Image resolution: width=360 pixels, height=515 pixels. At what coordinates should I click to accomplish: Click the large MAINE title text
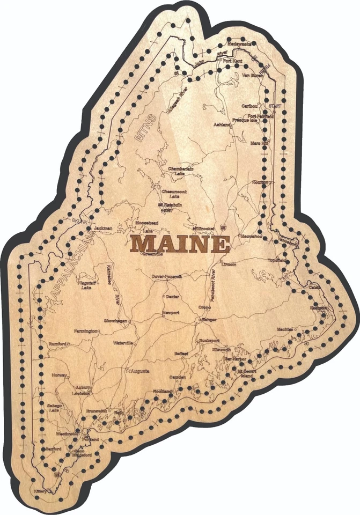point(180,244)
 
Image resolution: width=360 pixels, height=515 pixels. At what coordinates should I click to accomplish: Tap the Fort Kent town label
point(234,61)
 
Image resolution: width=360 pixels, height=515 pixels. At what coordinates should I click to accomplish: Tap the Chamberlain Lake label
point(180,170)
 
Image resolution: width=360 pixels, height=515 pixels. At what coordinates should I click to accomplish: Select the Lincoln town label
point(229,264)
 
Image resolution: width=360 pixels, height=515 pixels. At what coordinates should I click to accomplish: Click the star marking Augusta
point(127,371)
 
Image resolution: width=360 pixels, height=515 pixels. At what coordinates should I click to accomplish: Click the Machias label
point(285,328)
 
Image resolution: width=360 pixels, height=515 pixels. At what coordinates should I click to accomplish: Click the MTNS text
point(144,128)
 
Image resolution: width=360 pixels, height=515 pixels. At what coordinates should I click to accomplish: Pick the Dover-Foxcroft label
point(167,277)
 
